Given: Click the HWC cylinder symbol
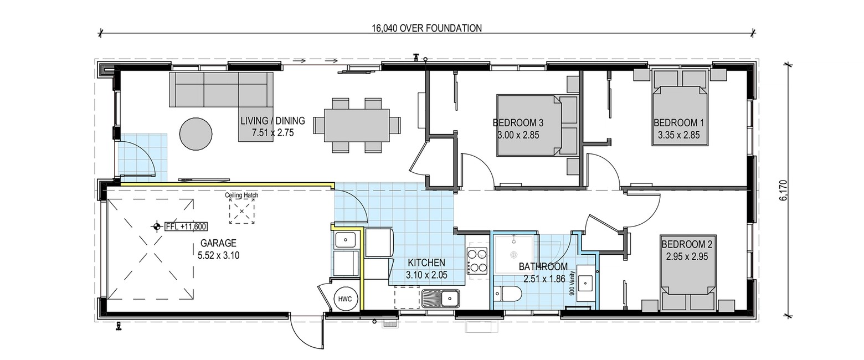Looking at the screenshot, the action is point(344,299).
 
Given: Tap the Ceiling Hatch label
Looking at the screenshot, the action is point(242,196).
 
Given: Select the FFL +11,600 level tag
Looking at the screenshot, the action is point(186,227).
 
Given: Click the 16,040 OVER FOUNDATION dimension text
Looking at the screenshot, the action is point(426,28).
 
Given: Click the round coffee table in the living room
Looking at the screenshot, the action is point(196,133).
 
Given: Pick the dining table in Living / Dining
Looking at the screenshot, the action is point(357,125).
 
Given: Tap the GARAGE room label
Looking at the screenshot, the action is point(218,243).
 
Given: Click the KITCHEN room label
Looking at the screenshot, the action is point(426,263).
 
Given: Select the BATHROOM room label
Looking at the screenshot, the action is point(543,266).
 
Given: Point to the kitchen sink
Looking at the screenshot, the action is point(441,299).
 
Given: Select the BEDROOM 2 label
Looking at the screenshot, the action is point(687,244).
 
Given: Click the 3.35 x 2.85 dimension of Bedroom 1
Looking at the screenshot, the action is point(679,136).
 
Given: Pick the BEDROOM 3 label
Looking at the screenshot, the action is point(518,123).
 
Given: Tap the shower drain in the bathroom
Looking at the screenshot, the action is point(513,255).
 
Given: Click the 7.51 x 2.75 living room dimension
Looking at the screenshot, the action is point(272,133).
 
